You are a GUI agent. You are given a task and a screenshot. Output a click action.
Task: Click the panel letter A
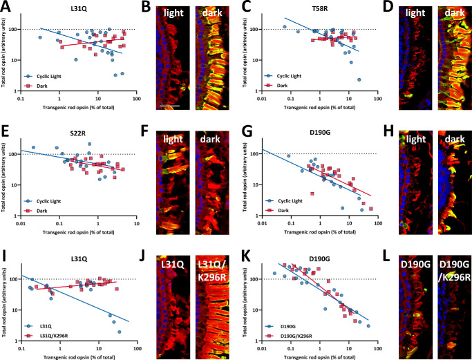(6, 6)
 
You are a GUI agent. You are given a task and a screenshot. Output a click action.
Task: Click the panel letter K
(242, 246)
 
